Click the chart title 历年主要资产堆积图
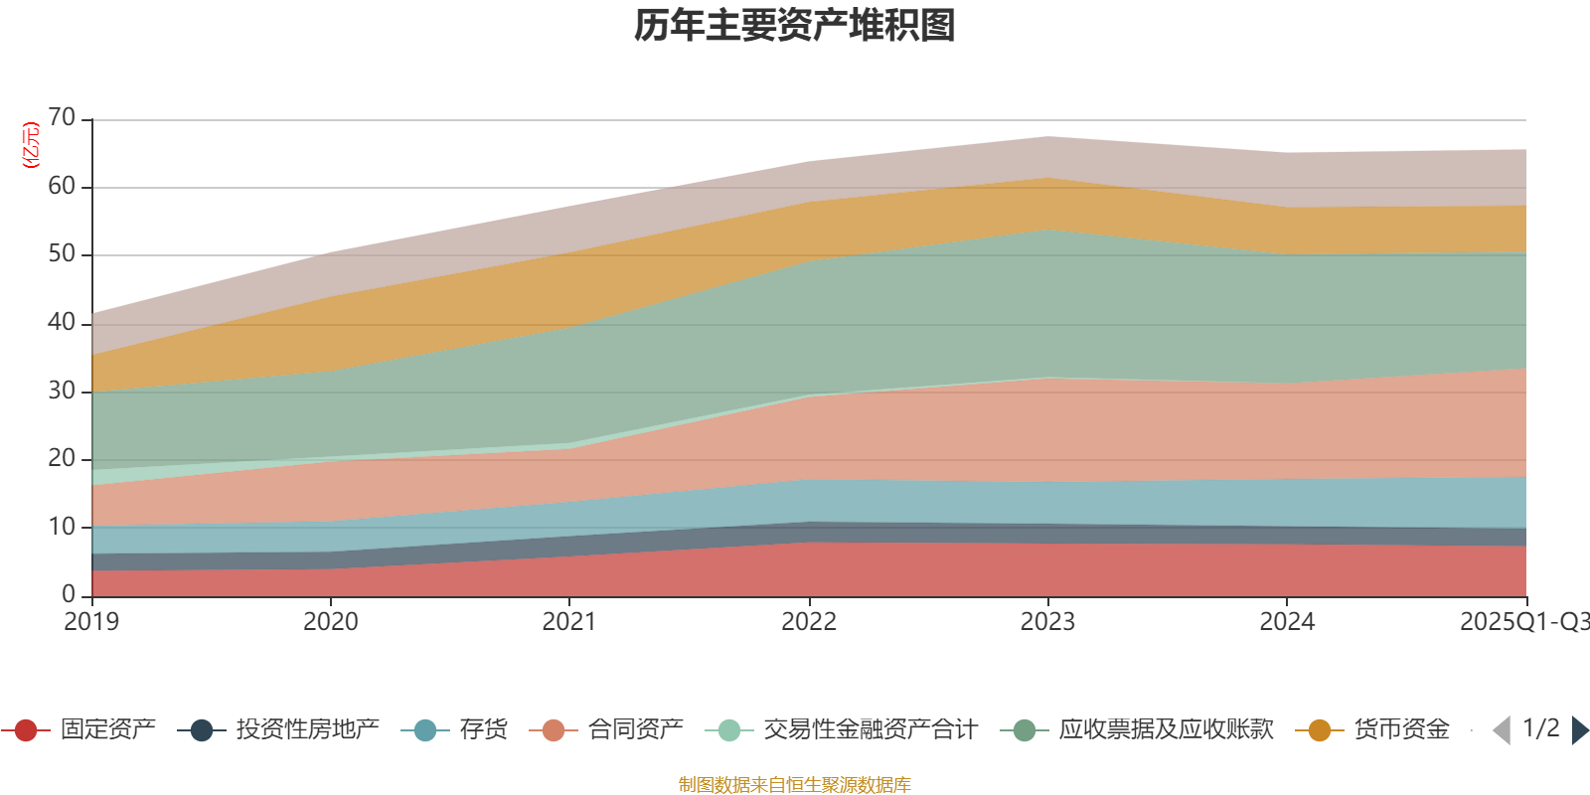795,26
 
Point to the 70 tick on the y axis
62,118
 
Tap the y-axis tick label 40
62,322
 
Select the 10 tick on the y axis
62,527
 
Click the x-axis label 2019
91,622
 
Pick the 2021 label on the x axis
568,622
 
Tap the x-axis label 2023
1047,622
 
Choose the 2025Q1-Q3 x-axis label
1523,622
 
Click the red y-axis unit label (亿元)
31,145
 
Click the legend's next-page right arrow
1579,730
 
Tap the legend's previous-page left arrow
1502,730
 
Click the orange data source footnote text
795,785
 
